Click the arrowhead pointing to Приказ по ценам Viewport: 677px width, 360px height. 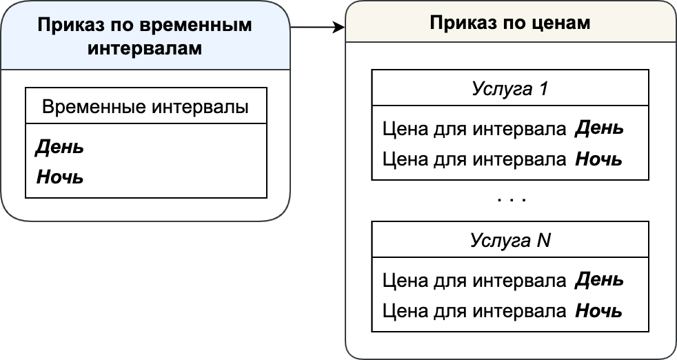340,27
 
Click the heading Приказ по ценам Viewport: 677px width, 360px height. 510,23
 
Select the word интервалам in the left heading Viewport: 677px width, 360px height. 145,48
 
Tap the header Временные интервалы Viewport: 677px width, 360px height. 145,106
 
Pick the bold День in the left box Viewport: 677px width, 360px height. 59,147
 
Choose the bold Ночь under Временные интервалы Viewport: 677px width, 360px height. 59,177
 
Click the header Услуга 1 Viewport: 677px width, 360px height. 510,88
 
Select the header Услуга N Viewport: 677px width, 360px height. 510,240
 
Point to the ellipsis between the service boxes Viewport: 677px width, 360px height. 512,200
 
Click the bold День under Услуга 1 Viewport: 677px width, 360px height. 599,128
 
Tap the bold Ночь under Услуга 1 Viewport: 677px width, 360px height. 598,159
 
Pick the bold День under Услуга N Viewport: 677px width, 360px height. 599,280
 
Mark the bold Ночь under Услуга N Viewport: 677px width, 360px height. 598,311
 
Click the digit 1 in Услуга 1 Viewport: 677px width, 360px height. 543,88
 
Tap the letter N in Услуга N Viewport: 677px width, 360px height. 543,240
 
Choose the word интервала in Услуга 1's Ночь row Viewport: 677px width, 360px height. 519,159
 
